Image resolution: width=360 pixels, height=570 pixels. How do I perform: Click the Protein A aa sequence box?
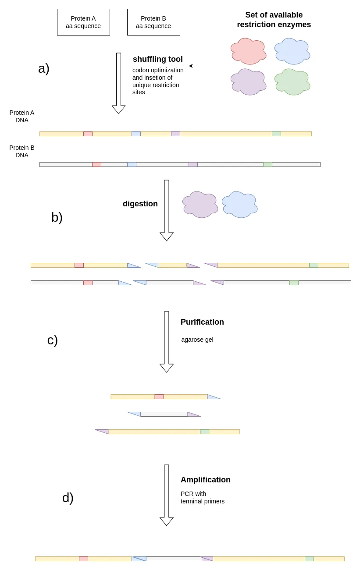click(83, 22)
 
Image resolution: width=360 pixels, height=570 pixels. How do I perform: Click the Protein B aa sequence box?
click(153, 22)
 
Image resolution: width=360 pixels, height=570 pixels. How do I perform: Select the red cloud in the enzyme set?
click(248, 51)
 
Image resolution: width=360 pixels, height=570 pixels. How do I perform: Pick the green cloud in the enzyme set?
click(292, 82)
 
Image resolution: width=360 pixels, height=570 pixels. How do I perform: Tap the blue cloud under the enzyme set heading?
click(292, 51)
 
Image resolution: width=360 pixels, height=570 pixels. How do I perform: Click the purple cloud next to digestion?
click(200, 205)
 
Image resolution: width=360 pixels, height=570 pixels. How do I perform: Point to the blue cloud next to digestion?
click(239, 205)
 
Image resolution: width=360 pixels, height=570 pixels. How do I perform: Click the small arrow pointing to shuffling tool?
click(206, 66)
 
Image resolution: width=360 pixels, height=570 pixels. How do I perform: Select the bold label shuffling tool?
click(158, 59)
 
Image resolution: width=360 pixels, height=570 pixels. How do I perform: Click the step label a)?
click(44, 68)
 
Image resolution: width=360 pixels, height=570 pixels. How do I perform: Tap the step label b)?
click(57, 217)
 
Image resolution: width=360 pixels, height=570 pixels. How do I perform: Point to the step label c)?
click(53, 340)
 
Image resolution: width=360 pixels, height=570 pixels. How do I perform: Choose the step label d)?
click(68, 498)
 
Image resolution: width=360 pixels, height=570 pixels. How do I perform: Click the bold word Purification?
click(202, 322)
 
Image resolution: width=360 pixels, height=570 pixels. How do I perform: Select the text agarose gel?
click(197, 340)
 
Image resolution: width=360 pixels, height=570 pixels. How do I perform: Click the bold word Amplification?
click(206, 480)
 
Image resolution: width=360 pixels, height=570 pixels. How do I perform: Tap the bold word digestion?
click(140, 204)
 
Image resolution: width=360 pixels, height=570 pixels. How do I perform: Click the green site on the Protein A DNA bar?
click(276, 134)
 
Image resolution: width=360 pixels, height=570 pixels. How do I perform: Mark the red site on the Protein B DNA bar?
click(96, 164)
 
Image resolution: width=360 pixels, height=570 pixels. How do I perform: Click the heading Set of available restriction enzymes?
click(274, 20)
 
